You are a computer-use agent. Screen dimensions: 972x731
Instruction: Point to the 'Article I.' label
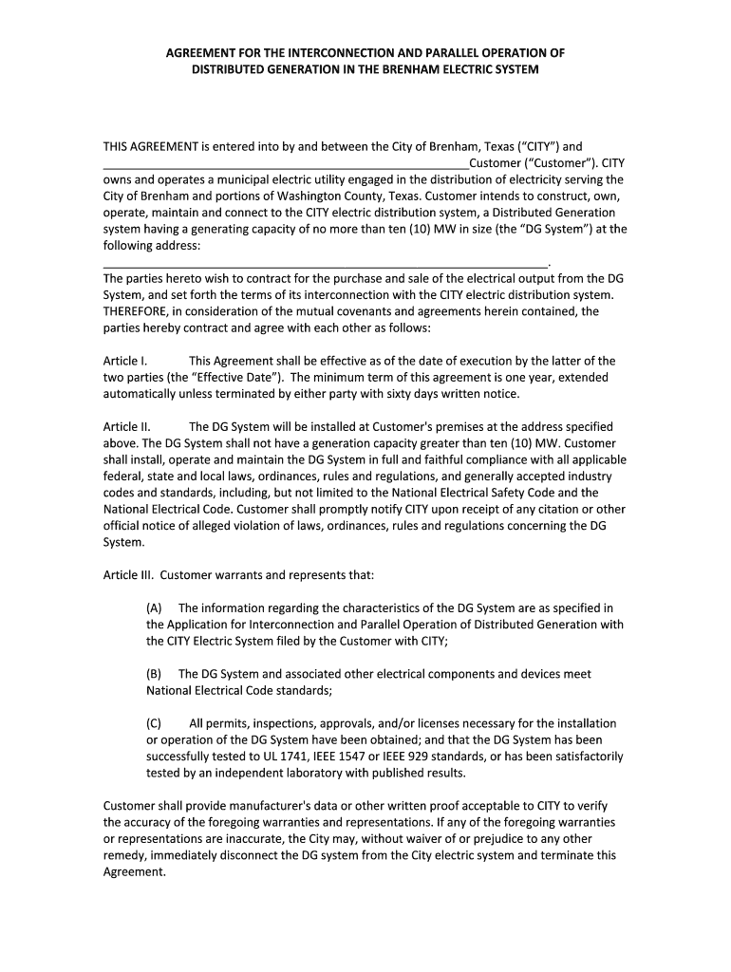click(x=124, y=361)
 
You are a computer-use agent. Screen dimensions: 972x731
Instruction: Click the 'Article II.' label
click(x=126, y=427)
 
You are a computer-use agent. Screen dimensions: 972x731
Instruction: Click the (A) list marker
click(x=154, y=607)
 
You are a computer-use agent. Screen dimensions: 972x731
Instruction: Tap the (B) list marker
click(x=154, y=674)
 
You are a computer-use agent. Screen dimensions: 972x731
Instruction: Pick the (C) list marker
click(x=154, y=723)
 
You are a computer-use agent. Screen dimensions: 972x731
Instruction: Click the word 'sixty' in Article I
click(x=459, y=393)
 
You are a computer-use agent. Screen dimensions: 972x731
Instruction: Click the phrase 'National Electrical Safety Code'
click(x=464, y=493)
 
